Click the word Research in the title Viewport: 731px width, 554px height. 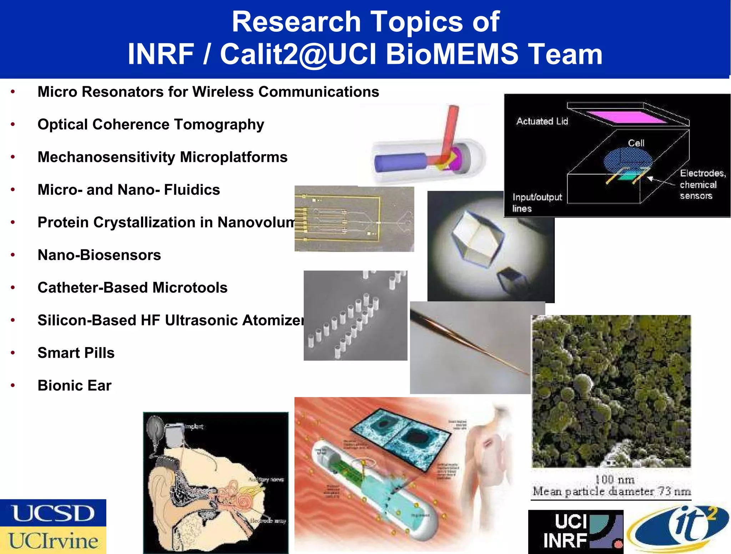pos(296,22)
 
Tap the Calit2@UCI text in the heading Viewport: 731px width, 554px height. pos(298,54)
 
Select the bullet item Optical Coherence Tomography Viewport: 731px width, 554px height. pos(151,124)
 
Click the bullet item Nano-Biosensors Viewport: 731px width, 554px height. pos(99,255)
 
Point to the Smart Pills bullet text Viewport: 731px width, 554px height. pos(76,353)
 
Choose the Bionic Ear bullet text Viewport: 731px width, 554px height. pos(75,386)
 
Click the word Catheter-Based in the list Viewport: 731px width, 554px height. pos(93,288)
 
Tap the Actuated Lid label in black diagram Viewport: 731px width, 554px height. pos(542,121)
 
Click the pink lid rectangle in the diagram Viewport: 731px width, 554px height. pos(626,117)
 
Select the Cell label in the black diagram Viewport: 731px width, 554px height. pos(636,143)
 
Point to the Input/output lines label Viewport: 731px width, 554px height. pos(536,203)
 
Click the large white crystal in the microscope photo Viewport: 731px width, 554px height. pos(477,238)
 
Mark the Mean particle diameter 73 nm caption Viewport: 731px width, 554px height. pos(611,491)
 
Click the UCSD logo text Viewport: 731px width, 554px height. pos(53,513)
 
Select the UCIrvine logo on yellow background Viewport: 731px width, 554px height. pos(53,540)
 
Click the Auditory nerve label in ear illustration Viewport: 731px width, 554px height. pos(266,480)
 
